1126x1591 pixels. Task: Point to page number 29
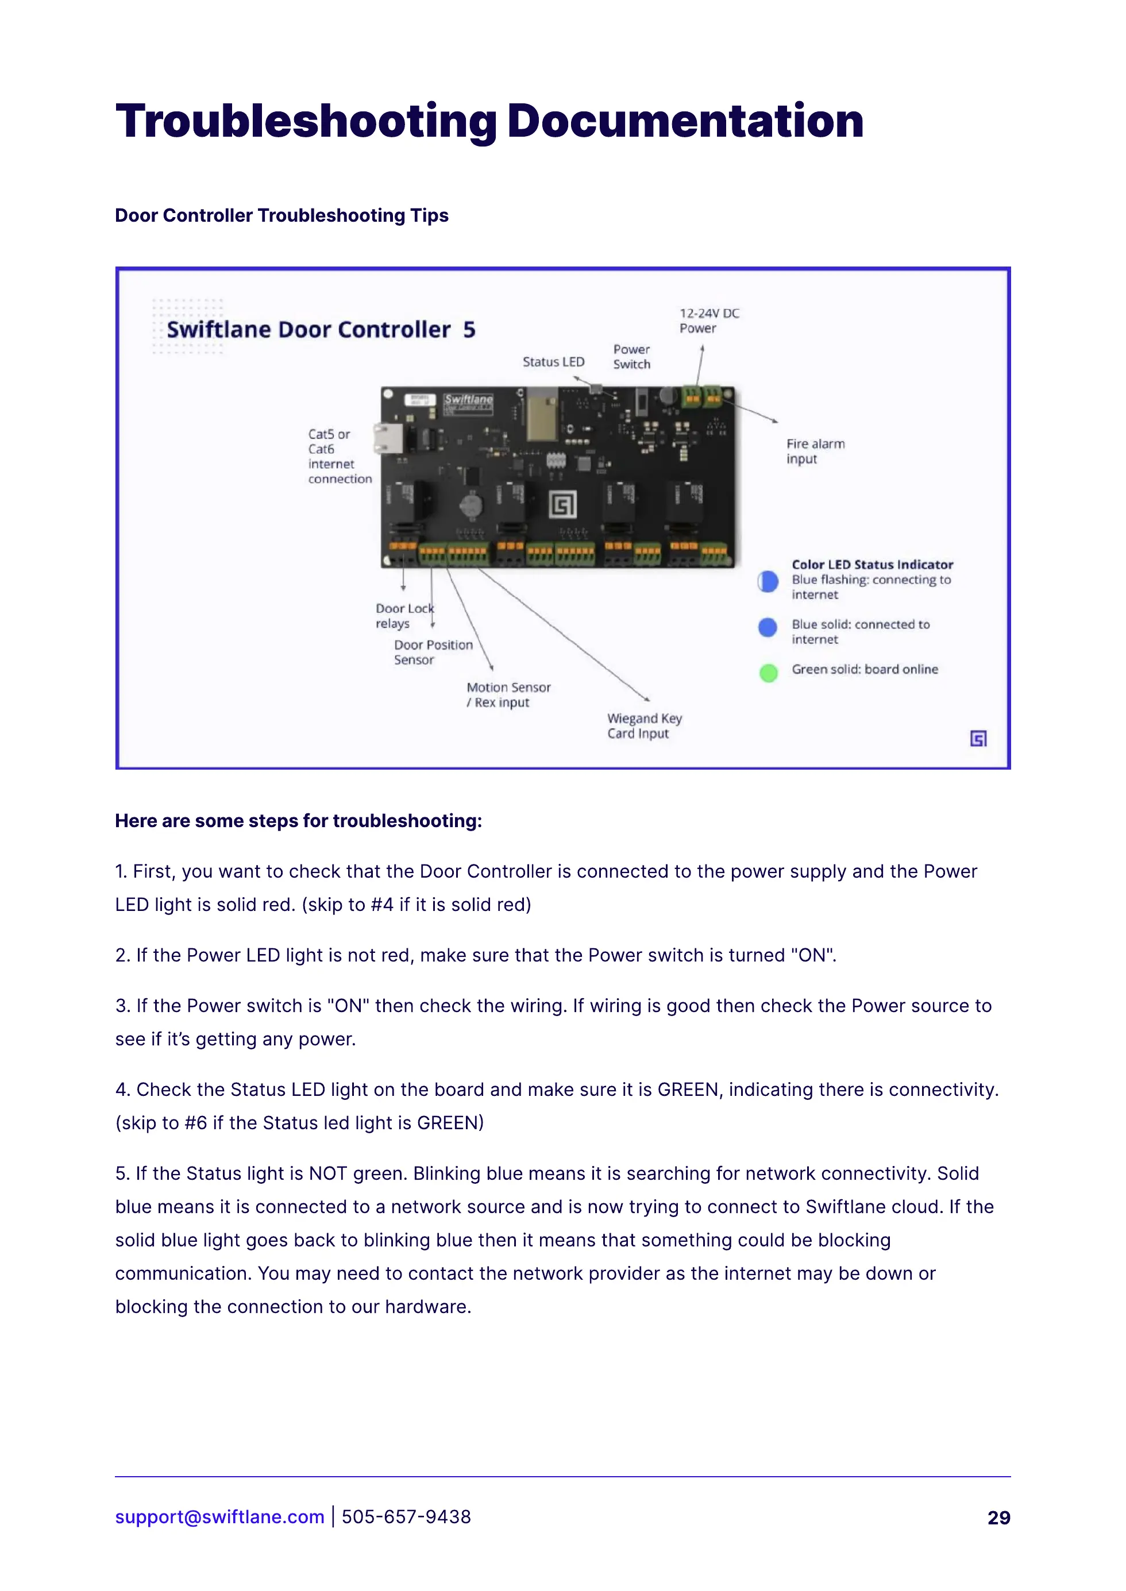(x=998, y=1517)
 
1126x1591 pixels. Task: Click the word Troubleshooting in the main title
(x=306, y=121)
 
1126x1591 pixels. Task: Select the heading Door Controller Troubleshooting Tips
(x=281, y=215)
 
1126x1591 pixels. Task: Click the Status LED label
(x=553, y=362)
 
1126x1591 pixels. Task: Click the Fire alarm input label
(x=815, y=451)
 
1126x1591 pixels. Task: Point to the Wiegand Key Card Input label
(x=644, y=726)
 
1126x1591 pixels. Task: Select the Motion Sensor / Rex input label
(x=508, y=694)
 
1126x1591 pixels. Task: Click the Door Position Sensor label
(x=433, y=652)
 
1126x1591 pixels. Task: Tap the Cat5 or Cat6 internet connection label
(x=339, y=456)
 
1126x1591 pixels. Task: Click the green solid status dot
(x=768, y=673)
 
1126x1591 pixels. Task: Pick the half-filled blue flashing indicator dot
(x=768, y=582)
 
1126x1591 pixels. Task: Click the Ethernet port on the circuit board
(x=388, y=438)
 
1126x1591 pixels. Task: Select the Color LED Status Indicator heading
(x=872, y=564)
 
